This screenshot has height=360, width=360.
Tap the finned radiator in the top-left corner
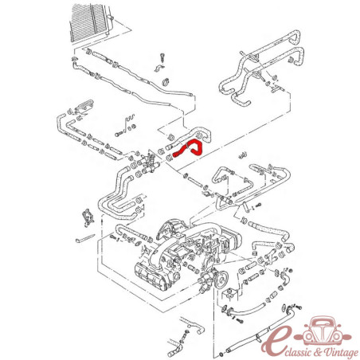(89, 22)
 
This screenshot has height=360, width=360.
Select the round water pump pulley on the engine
(221, 280)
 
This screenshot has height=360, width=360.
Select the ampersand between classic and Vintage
(317, 352)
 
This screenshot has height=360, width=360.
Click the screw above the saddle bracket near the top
(162, 58)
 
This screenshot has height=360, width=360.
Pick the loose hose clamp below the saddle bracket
(166, 81)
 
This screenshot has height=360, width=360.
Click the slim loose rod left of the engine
(84, 238)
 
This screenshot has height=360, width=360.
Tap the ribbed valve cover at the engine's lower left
(149, 276)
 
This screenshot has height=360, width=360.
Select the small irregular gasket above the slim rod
(88, 218)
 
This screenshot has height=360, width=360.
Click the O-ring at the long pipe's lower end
(221, 354)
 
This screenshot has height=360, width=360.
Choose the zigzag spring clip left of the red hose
(129, 120)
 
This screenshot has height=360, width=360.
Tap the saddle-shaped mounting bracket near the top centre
(158, 68)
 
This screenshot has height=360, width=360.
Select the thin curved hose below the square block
(248, 310)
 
